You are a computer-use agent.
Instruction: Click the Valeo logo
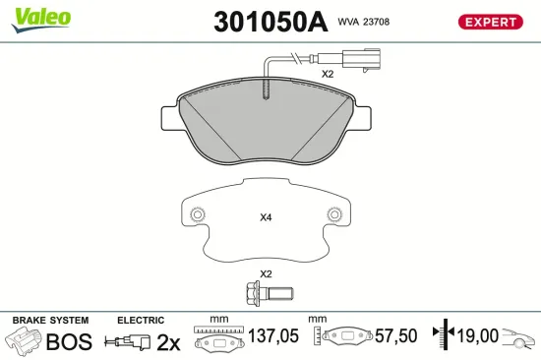coord(41,20)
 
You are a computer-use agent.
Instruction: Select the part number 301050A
coord(270,22)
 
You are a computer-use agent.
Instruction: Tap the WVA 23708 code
coord(364,22)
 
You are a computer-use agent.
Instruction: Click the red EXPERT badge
coord(490,22)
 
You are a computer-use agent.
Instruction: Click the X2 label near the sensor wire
coord(328,74)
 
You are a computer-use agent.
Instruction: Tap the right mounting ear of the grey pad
coord(362,118)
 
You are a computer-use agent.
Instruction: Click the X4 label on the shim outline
coord(266,217)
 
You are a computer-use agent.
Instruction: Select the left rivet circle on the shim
coord(198,214)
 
